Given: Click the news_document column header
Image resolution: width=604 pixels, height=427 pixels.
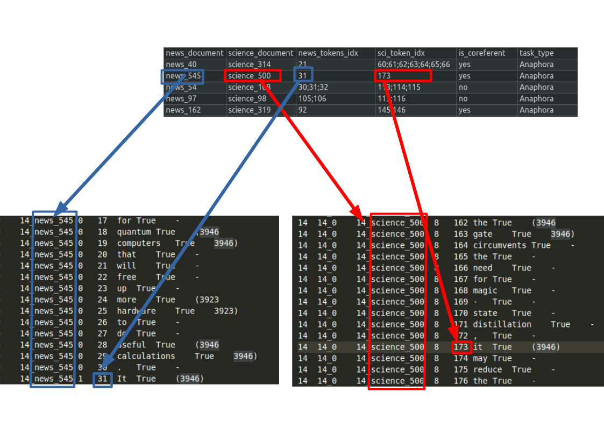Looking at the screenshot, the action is pos(194,53).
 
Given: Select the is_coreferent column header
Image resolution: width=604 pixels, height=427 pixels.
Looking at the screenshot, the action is pos(481,53).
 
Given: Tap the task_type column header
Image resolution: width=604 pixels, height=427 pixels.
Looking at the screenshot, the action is pos(536,53).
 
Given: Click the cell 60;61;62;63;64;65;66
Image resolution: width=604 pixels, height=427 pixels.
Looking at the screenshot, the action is pos(414,65).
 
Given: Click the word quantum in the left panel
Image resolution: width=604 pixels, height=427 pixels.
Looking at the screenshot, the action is pos(134,232).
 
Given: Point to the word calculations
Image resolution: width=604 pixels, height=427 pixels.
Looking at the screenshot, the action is pos(146,356).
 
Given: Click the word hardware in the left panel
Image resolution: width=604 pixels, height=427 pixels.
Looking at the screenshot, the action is pos(136,311).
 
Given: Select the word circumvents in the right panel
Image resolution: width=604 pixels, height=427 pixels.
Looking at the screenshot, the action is pos(496,245).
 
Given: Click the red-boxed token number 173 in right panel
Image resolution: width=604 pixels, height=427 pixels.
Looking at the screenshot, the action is pos(461,347).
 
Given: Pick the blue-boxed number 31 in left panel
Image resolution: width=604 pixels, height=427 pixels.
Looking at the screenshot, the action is pos(102,379).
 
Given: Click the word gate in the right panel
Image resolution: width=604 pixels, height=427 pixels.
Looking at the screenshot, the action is pos(482,234).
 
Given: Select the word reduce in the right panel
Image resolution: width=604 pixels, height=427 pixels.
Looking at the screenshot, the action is pos(487,369).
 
